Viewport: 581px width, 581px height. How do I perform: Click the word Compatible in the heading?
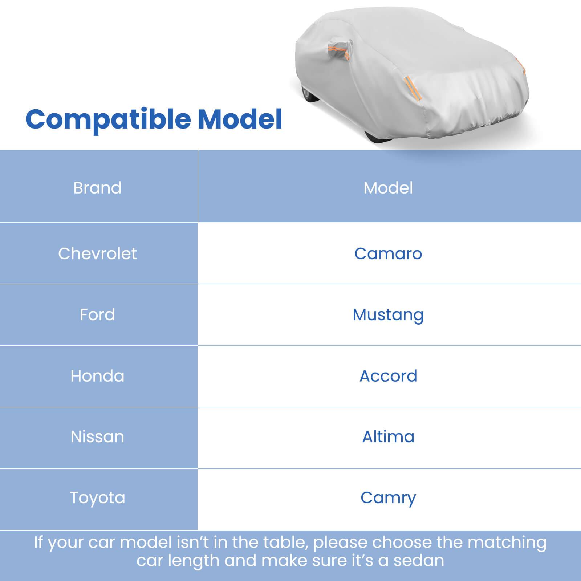click(108, 119)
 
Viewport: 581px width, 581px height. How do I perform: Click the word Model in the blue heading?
click(240, 119)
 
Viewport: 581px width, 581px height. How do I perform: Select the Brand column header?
click(97, 188)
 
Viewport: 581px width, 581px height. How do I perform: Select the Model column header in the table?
click(388, 188)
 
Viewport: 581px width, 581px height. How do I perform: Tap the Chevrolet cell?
click(97, 253)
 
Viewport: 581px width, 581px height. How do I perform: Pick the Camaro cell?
click(388, 253)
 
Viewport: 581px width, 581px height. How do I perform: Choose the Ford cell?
click(97, 314)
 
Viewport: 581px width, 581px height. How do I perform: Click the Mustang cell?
click(388, 315)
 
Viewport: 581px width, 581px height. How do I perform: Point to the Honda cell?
click(97, 376)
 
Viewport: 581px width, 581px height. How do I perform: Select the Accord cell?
click(388, 376)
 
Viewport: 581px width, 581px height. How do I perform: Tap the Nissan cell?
click(97, 437)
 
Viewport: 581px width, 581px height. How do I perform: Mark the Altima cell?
click(388, 437)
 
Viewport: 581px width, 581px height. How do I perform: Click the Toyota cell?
click(97, 498)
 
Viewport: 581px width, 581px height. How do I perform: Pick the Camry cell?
click(388, 498)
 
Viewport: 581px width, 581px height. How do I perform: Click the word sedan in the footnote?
click(419, 561)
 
